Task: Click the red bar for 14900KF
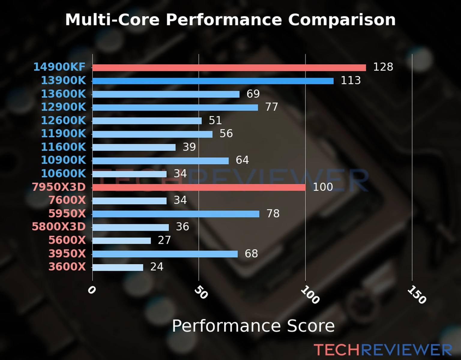click(x=229, y=67)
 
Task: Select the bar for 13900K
click(x=213, y=81)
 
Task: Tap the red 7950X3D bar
click(x=199, y=187)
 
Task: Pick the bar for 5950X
click(x=176, y=214)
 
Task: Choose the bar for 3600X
click(x=118, y=267)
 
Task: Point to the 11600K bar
click(x=134, y=147)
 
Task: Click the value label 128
click(x=383, y=67)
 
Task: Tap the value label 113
click(x=351, y=80)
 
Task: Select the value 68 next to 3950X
click(x=251, y=254)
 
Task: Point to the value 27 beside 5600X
click(x=164, y=240)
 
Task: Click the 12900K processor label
click(x=63, y=107)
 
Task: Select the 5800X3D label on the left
click(x=59, y=227)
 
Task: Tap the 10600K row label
click(x=63, y=174)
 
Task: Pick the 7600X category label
click(x=67, y=200)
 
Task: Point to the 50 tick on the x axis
click(x=201, y=292)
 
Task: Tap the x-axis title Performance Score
click(x=253, y=326)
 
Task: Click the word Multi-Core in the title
click(x=112, y=20)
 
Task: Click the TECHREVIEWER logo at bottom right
click(x=383, y=350)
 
